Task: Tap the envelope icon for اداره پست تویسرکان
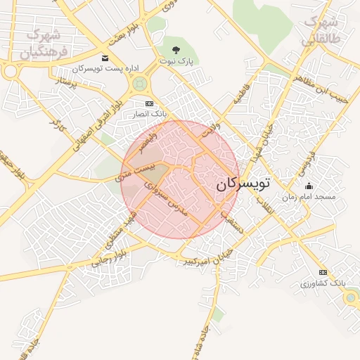[x=105, y=58]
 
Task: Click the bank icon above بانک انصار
[x=148, y=103]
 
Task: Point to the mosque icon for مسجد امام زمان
[x=309, y=186]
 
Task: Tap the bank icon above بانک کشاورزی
[x=323, y=272]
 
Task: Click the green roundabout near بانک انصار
[x=139, y=85]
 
